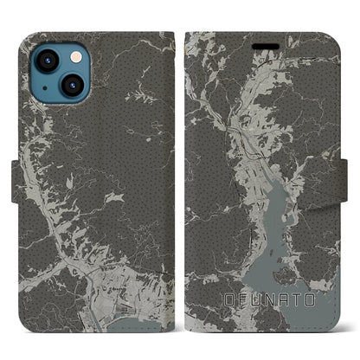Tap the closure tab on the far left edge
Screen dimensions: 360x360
click(8, 179)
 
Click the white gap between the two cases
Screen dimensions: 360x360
click(179, 173)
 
